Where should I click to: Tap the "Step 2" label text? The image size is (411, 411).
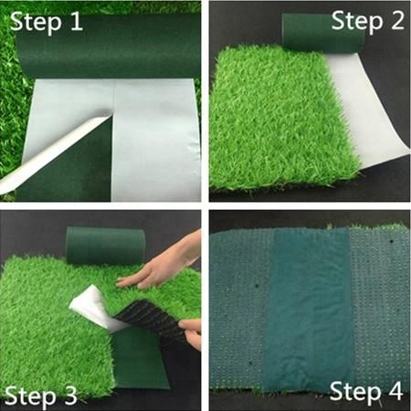click(x=366, y=20)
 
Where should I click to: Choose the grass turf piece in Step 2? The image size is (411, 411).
click(x=274, y=119)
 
